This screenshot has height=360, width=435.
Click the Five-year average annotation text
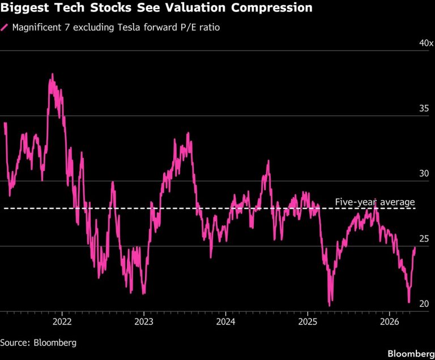(375, 202)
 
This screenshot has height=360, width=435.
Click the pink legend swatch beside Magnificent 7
(5, 27)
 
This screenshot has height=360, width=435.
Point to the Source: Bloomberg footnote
(38, 342)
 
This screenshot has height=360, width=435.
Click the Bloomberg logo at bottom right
(411, 353)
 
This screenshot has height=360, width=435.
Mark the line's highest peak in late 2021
(53, 74)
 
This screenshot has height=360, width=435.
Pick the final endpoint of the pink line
(415, 248)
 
